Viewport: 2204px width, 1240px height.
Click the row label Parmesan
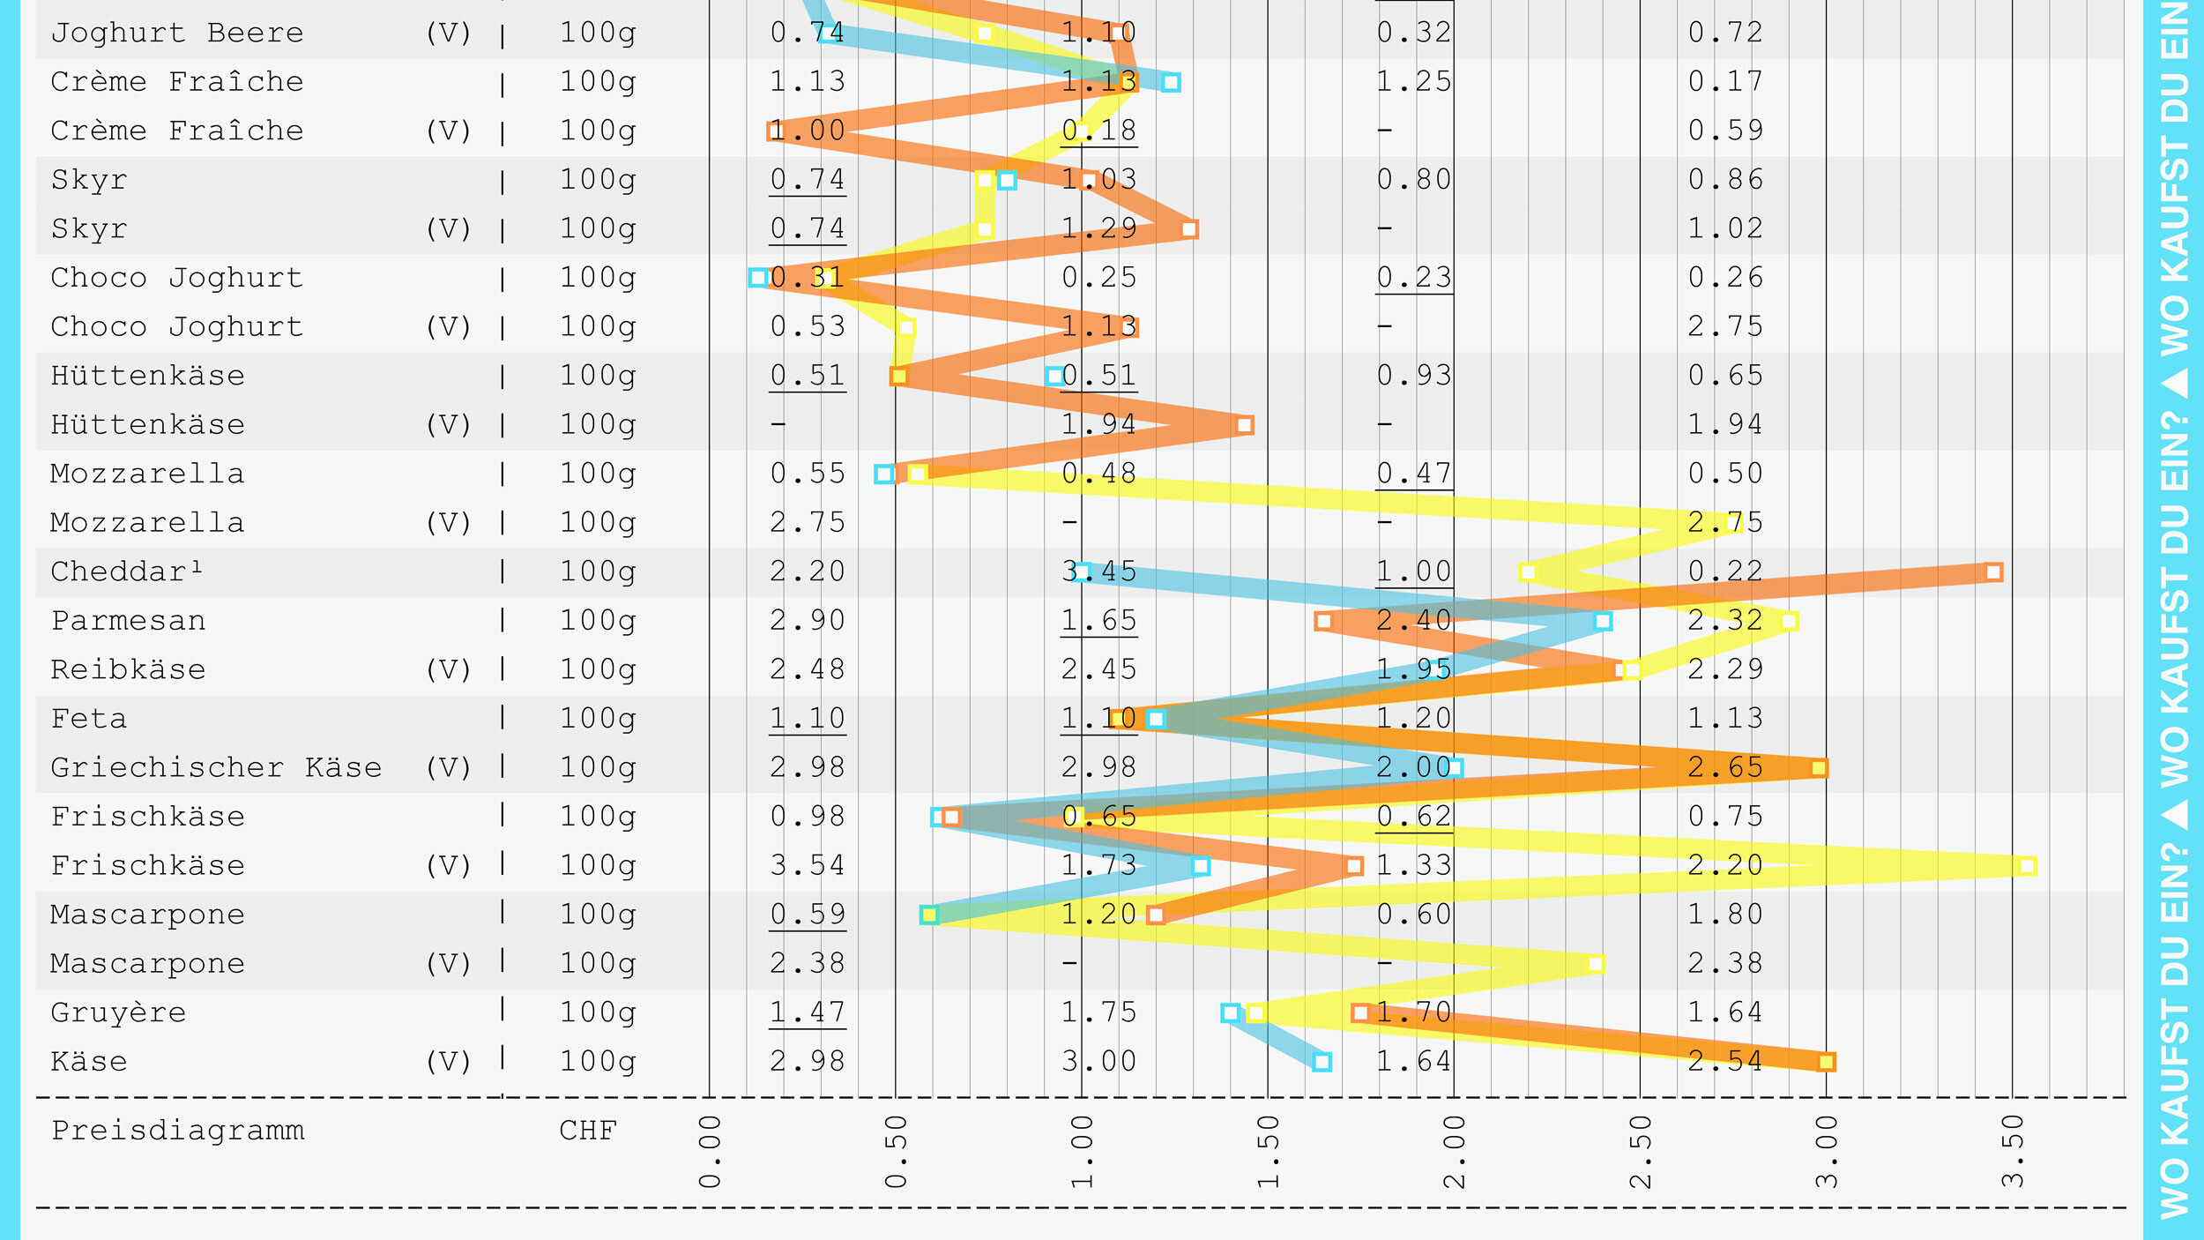pos(129,621)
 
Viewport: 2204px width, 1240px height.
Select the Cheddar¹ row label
pos(127,571)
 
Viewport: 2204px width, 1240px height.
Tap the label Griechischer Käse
pos(216,767)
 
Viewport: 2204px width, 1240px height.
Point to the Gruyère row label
pos(118,1012)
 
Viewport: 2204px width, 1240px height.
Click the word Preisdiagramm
pos(178,1131)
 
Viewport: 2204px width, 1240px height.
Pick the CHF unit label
pos(588,1131)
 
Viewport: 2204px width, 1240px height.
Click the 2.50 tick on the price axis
pos(1641,1152)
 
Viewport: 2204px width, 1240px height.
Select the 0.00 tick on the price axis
pos(710,1152)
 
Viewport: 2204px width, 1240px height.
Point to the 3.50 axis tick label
pos(2013,1152)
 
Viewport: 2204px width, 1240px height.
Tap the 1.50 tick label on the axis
pos(1268,1152)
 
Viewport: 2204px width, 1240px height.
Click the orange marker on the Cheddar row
pos(1994,572)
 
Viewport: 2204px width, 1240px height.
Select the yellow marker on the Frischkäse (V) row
pos(2028,866)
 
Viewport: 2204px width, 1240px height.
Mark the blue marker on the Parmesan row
pos(1604,622)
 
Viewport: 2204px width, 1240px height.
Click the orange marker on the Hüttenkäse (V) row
pos(1245,425)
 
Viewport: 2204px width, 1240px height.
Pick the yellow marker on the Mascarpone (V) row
pos(1596,964)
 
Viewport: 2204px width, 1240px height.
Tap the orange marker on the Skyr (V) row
pos(1189,229)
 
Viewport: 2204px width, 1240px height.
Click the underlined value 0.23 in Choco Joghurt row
pos(1414,278)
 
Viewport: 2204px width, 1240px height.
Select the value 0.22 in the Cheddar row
pos(1725,571)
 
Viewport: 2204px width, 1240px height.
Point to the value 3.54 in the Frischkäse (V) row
pos(808,865)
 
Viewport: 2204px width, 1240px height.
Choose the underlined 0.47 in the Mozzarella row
pos(1414,474)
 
